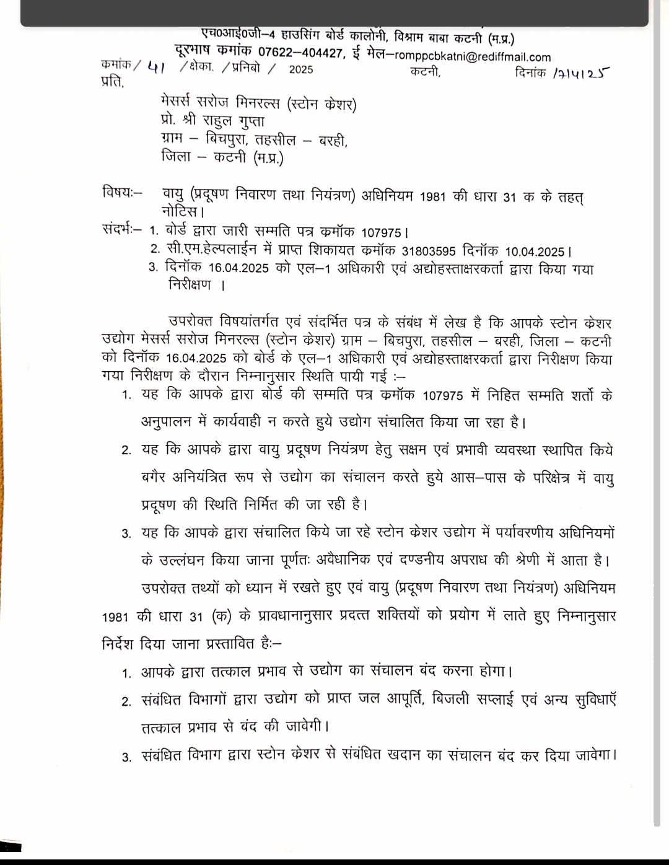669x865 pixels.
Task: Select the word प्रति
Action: click(x=112, y=82)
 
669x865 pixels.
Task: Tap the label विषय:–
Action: click(x=122, y=193)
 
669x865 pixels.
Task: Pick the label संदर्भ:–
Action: click(x=122, y=229)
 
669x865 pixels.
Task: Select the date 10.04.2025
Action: click(x=535, y=252)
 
